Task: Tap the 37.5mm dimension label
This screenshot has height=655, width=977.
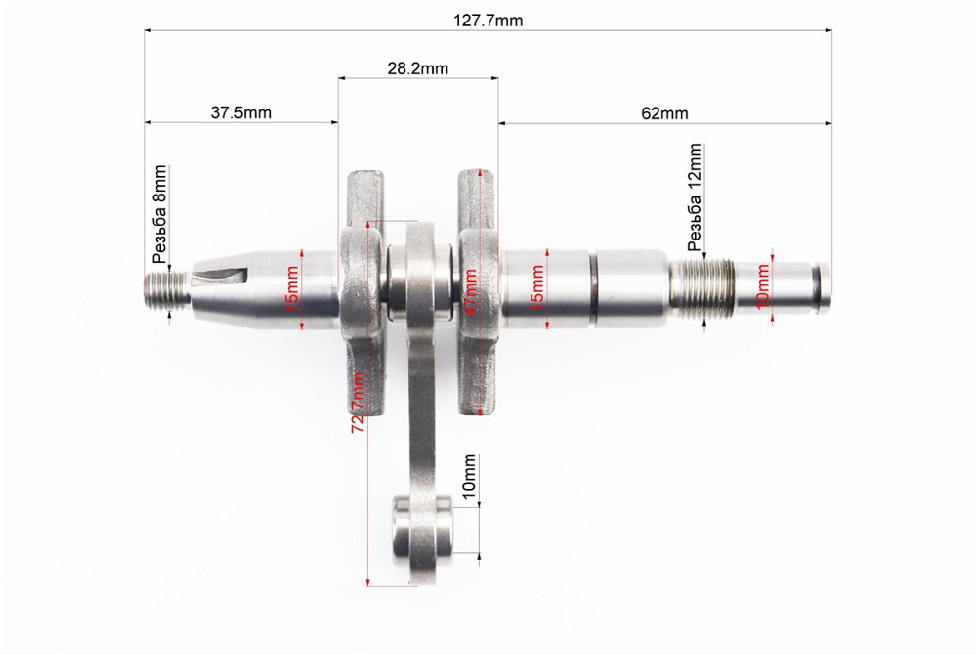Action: [x=241, y=112]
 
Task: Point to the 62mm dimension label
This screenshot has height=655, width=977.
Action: [x=664, y=112]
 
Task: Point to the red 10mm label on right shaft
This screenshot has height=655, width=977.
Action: [x=763, y=283]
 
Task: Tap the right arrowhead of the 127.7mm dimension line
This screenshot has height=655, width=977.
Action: [x=828, y=30]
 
